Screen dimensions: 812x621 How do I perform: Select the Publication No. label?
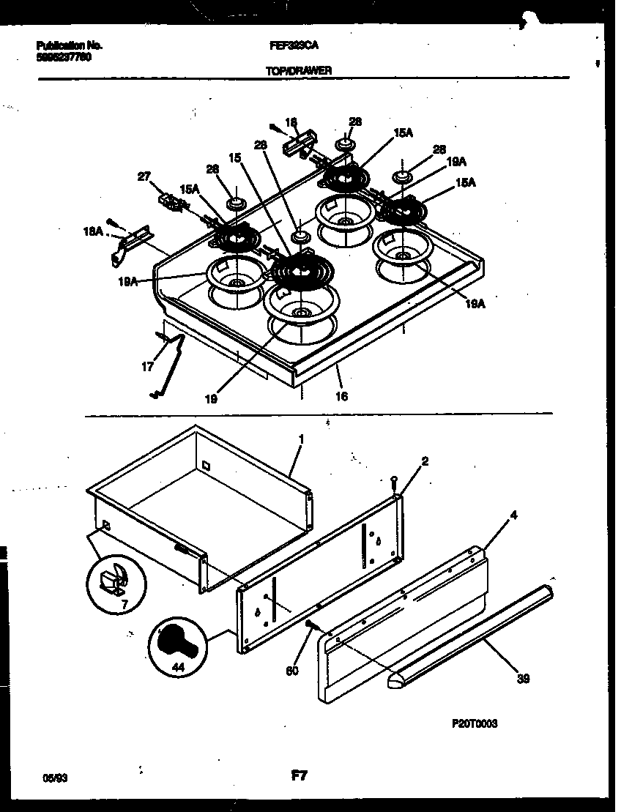[70, 45]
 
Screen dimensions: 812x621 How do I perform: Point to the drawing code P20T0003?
[475, 723]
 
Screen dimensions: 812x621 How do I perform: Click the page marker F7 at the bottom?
[298, 776]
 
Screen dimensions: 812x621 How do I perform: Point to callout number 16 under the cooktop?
[341, 396]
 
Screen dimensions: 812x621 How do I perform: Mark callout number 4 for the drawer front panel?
[513, 515]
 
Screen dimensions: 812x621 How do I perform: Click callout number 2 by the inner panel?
[425, 461]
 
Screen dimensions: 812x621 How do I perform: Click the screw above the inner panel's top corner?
[394, 481]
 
